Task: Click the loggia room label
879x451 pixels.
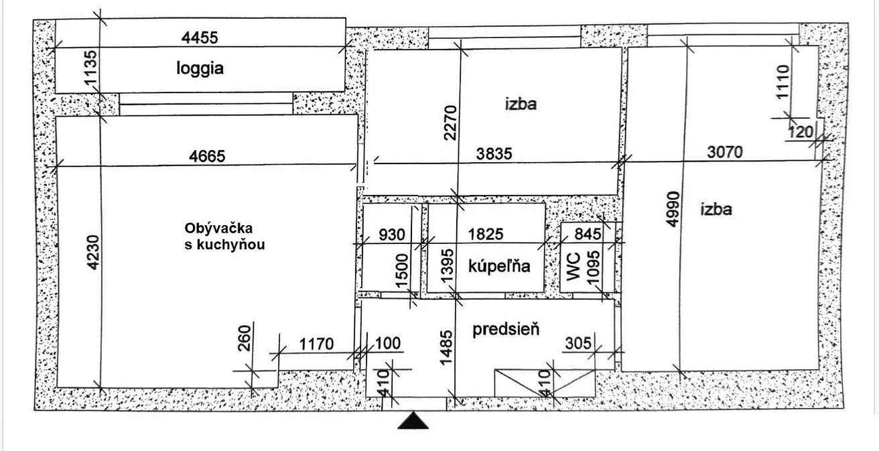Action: coord(200,68)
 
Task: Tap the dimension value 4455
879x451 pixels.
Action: coord(200,38)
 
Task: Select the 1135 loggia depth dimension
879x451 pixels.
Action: coord(90,68)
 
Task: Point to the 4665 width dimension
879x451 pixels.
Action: coord(207,156)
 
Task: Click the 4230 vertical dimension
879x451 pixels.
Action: coord(93,253)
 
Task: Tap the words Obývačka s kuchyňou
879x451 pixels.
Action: coord(225,237)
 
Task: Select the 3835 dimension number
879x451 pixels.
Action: coord(494,154)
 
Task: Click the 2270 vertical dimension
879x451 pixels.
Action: coord(450,123)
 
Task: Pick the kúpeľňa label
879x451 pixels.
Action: coord(499,266)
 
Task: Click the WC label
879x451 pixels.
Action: coord(573,267)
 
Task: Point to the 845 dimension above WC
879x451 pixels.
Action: coord(588,235)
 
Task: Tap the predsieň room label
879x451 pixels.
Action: coord(506,329)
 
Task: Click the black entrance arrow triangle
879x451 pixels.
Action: coord(413,420)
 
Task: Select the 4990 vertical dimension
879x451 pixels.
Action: coord(673,209)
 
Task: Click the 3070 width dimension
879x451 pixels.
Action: coord(725,152)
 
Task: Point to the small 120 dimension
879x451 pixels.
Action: coord(801,132)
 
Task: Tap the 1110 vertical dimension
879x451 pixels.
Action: coord(783,82)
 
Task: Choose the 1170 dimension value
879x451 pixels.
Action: coord(316,344)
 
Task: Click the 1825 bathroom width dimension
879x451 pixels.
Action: coord(486,235)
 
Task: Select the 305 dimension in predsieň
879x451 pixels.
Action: coord(578,344)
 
